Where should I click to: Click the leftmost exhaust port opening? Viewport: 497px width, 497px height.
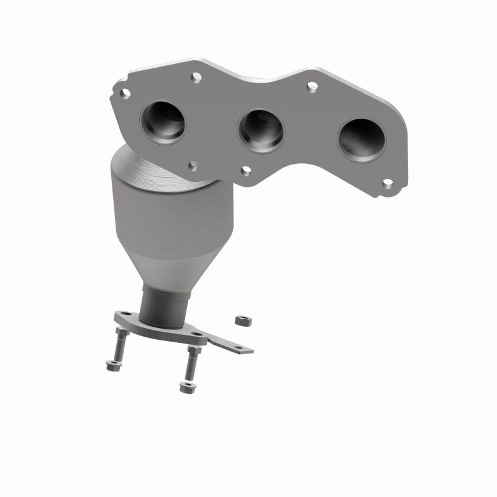coord(163,121)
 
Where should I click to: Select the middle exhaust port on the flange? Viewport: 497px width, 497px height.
coord(262,131)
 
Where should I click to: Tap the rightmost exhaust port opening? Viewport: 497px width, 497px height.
coord(362,140)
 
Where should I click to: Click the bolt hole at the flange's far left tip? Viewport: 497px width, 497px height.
coord(125,93)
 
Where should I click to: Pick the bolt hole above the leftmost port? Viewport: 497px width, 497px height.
coord(196,77)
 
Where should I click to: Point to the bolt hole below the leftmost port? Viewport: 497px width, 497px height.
coord(194,165)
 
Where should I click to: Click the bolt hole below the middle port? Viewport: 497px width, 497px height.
coord(247,170)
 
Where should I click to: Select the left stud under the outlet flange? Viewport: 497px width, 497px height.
coord(119,345)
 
